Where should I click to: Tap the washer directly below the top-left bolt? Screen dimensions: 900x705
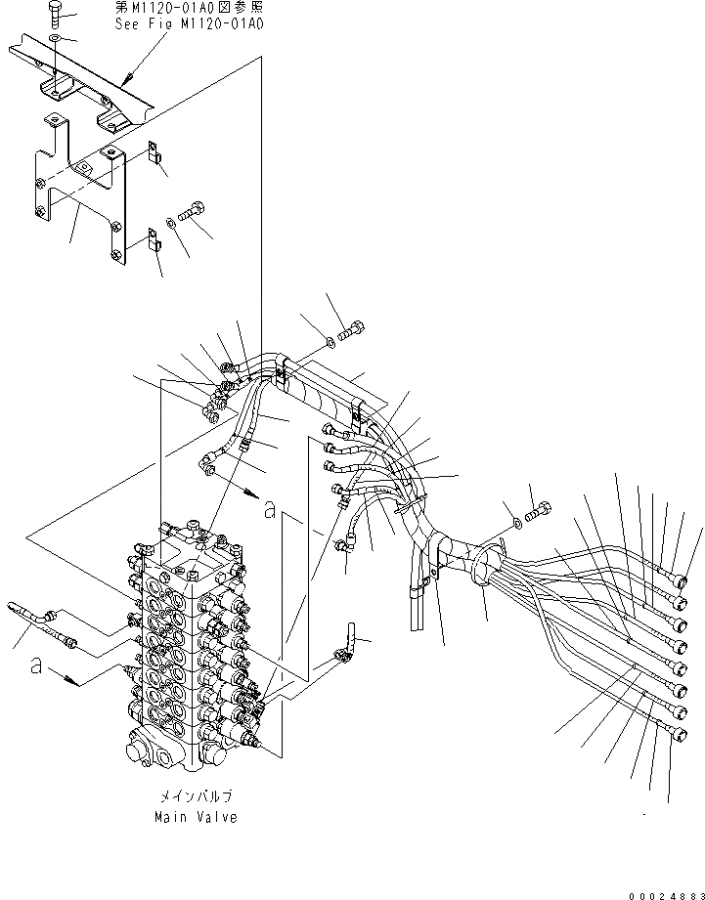click(56, 37)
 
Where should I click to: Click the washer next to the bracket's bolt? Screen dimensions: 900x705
click(171, 223)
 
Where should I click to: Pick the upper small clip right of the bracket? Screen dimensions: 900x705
click(154, 152)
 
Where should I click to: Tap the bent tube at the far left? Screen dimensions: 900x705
click(29, 615)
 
